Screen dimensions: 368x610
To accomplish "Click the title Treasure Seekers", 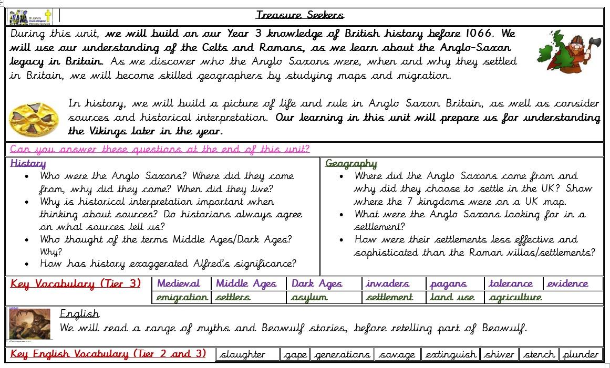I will coord(300,15).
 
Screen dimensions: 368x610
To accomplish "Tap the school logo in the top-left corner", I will coord(30,17).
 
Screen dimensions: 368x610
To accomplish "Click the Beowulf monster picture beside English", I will coord(30,323).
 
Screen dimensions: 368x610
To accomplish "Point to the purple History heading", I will coord(28,163).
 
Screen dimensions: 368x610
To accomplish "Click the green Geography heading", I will coord(351,163).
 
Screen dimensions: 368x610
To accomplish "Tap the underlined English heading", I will coord(79,314).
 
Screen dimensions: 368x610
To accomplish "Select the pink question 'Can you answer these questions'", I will coord(160,149).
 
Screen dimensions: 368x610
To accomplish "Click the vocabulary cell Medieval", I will coord(179,283).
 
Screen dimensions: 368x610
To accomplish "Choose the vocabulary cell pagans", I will coord(448,283).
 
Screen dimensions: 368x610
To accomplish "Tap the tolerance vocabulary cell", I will coord(511,283).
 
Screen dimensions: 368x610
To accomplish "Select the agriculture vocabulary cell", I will coord(515,297).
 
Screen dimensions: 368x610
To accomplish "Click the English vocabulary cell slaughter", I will coord(243,354).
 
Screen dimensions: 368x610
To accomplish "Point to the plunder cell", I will coord(581,354).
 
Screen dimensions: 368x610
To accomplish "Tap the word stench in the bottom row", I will coord(539,354).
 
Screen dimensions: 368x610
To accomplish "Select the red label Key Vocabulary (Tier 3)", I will coord(76,284).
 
